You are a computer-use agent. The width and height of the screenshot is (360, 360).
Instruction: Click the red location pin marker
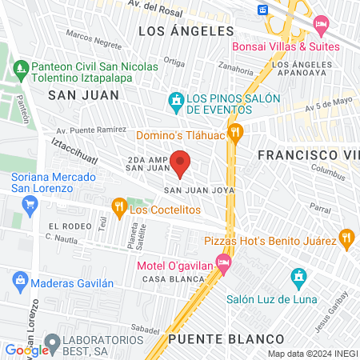pyautogui.click(x=181, y=162)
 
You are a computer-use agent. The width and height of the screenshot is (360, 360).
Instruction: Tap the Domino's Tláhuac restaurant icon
pyautogui.click(x=235, y=133)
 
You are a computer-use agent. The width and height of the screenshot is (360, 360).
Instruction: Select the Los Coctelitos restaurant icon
pyautogui.click(x=118, y=210)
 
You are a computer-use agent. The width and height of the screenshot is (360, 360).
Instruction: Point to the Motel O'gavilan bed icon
pyautogui.click(x=224, y=262)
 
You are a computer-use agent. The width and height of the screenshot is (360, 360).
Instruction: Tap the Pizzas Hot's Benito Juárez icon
pyautogui.click(x=346, y=238)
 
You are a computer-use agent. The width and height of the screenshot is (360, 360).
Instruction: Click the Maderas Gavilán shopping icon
pyautogui.click(x=19, y=282)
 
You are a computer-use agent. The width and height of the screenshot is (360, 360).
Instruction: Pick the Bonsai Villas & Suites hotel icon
pyautogui.click(x=321, y=24)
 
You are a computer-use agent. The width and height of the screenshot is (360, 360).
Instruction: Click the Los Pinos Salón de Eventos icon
pyautogui.click(x=175, y=101)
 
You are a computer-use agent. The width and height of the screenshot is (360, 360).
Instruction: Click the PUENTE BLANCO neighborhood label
pyautogui.click(x=215, y=338)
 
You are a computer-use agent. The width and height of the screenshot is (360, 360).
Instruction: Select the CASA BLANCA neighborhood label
pyautogui.click(x=165, y=279)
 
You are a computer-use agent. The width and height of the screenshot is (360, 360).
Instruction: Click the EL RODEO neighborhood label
pyautogui.click(x=65, y=226)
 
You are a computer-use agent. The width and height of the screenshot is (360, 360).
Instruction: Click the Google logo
pyautogui.click(x=26, y=350)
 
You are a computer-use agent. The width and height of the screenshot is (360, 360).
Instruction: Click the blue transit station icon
pyautogui.click(x=263, y=10)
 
